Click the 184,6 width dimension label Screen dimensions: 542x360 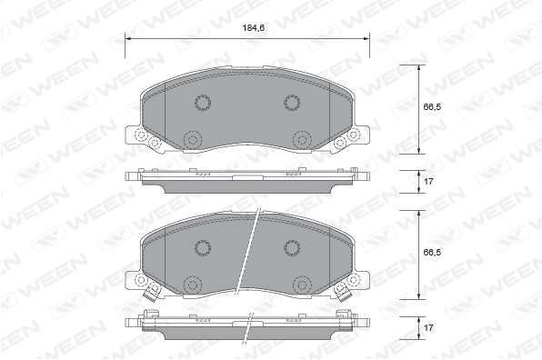pyautogui.click(x=254, y=28)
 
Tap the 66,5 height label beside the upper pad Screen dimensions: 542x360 pyautogui.click(x=432, y=106)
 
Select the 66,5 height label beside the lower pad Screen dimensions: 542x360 pyautogui.click(x=432, y=253)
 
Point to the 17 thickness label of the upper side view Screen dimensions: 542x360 pyautogui.click(x=428, y=182)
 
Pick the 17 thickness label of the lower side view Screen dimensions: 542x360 pyautogui.click(x=428, y=327)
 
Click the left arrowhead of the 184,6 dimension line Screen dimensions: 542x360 pyautogui.click(x=127, y=39)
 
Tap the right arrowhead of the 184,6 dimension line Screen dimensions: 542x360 pyautogui.click(x=366, y=39)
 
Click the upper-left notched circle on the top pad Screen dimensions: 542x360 pyautogui.click(x=203, y=102)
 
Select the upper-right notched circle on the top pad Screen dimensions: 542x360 pyautogui.click(x=292, y=102)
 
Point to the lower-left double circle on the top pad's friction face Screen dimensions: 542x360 pyautogui.click(x=193, y=140)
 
